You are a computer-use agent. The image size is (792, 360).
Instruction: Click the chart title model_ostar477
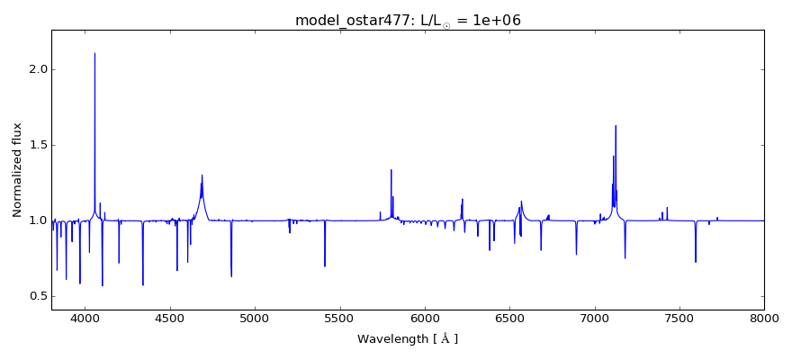tap(408, 20)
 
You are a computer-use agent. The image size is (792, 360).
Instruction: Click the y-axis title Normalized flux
tap(17, 170)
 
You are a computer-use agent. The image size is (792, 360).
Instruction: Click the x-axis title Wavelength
tap(408, 339)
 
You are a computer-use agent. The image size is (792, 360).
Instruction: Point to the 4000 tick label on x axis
tap(85, 318)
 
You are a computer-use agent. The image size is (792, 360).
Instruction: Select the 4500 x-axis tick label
tap(170, 318)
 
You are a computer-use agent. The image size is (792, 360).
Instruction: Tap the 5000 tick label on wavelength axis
tap(255, 318)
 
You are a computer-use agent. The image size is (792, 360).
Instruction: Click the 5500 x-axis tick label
tap(340, 318)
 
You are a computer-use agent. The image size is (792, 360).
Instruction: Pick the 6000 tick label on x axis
tap(425, 318)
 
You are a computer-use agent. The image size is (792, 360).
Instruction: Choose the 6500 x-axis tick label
tap(509, 318)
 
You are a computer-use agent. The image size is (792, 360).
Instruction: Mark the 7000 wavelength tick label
tap(595, 318)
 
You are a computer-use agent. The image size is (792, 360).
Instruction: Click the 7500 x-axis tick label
tap(679, 318)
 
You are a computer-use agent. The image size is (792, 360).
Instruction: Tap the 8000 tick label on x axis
tap(764, 318)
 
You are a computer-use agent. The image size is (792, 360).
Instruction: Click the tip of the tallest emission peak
tap(94, 53)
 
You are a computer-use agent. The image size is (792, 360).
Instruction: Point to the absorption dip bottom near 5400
tap(325, 266)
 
